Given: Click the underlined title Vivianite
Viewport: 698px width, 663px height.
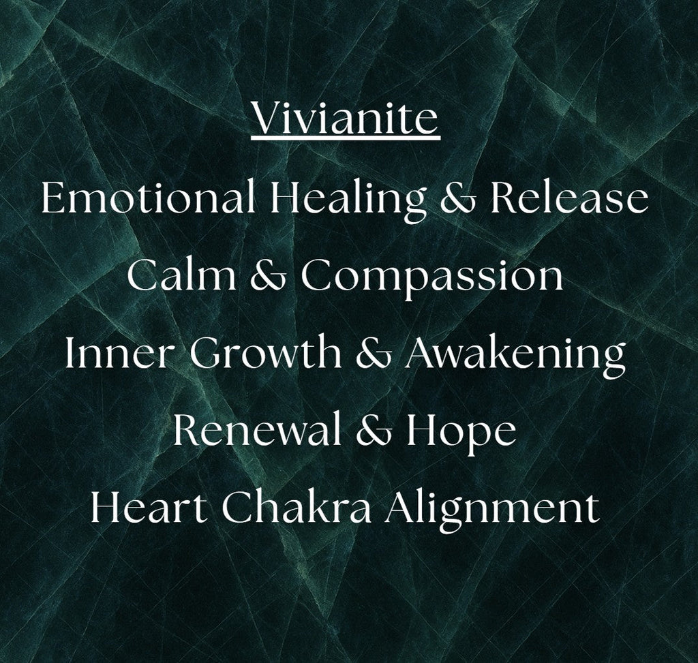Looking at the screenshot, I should (345, 120).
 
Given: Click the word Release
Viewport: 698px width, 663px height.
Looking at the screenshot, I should (570, 198).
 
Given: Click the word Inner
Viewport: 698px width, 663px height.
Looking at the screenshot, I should (119, 354).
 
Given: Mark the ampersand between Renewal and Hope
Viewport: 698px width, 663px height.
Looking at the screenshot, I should (369, 432).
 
